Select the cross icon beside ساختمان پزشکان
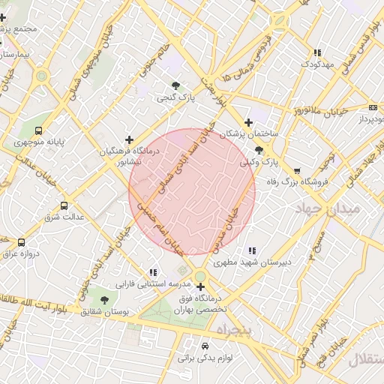pyautogui.click(x=249, y=123)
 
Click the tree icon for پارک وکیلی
pyautogui.click(x=259, y=150)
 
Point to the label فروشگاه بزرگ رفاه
pyautogui.click(x=298, y=181)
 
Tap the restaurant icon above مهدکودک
pyautogui.click(x=317, y=53)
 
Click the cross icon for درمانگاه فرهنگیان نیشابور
pyautogui.click(x=130, y=139)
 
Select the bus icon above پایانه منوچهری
pyautogui.click(x=39, y=129)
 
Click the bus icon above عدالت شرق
pyautogui.click(x=64, y=205)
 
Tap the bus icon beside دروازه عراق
pyautogui.click(x=21, y=242)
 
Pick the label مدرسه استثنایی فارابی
pyautogui.click(x=145, y=285)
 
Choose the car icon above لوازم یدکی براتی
pyautogui.click(x=205, y=346)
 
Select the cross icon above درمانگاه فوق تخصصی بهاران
pyautogui.click(x=200, y=286)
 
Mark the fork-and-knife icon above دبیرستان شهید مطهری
pyautogui.click(x=251, y=250)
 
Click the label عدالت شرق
pyautogui.click(x=61, y=217)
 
